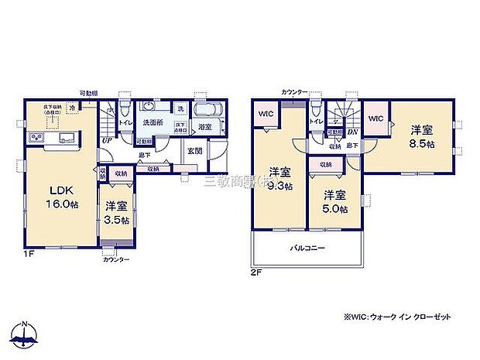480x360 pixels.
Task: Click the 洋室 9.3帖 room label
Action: coord(280,178)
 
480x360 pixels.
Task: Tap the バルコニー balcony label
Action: coord(307,249)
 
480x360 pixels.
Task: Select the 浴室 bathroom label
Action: coord(205,126)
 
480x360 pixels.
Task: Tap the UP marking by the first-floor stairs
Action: coord(105,140)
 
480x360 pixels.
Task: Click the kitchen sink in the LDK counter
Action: coord(65,139)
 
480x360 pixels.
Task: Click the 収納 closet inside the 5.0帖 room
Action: coord(325,164)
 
